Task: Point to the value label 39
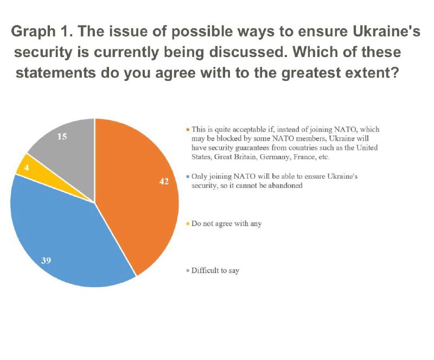tap(47, 261)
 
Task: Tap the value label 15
tap(62, 137)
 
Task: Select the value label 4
tap(25, 168)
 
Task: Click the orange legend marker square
tap(187, 130)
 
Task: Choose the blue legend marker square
tap(187, 178)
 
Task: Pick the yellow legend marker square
tap(187, 224)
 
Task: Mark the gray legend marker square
tap(187, 270)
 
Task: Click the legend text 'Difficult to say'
tap(215, 270)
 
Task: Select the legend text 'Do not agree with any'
tap(227, 224)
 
